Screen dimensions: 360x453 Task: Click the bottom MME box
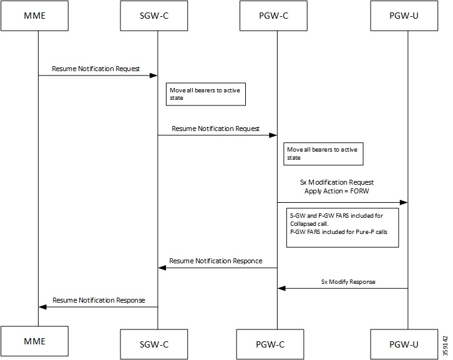coord(38,343)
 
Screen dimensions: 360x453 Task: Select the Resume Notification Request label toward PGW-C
coord(215,129)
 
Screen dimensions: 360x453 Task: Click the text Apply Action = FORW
coord(337,191)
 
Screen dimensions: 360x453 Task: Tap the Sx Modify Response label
coord(348,281)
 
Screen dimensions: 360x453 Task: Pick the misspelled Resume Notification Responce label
coord(216,260)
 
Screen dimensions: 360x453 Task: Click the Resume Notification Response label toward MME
coord(99,300)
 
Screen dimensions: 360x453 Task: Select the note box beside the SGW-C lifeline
coord(205,94)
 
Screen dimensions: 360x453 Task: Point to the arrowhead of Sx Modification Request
coord(404,202)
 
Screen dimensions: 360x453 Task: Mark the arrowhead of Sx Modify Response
coord(281,288)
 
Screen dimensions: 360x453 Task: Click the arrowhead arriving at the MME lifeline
coord(42,307)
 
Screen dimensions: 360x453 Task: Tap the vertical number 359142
coord(444,344)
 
